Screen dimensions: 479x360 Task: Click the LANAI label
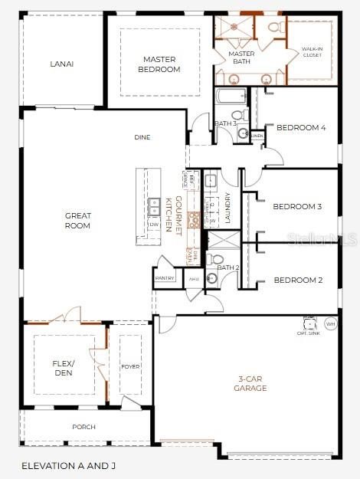(61, 64)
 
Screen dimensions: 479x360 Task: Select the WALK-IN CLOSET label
(310, 52)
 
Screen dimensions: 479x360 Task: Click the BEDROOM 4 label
(301, 128)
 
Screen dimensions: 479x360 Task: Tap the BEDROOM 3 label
(297, 207)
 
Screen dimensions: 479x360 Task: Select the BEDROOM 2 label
(298, 280)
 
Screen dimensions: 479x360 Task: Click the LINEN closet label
(257, 136)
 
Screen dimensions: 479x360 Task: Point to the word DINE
(142, 137)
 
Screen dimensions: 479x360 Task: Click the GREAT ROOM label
(77, 221)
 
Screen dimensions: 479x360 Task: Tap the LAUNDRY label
(227, 208)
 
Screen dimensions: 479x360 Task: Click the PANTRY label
(165, 278)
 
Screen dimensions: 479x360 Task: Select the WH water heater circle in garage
(331, 324)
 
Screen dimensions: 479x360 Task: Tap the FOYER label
(130, 366)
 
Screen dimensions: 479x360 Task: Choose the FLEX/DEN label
(62, 368)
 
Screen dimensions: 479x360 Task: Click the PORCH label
(83, 427)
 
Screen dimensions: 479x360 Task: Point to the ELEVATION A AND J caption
(69, 465)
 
